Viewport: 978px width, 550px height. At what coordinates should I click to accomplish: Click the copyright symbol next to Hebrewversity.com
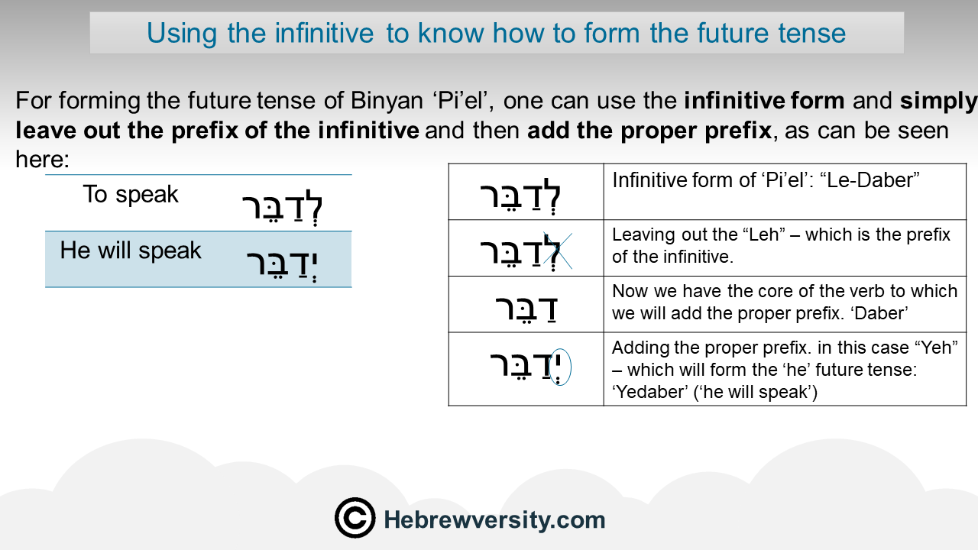pyautogui.click(x=355, y=518)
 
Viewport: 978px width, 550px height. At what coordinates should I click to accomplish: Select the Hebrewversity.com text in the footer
pyautogui.click(x=494, y=520)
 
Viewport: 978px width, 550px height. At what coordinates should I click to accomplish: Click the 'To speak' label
pyautogui.click(x=131, y=194)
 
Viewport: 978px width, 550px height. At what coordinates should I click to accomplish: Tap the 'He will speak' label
pyautogui.click(x=131, y=250)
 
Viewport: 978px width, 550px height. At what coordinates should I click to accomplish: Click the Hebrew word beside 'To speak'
pyautogui.click(x=282, y=207)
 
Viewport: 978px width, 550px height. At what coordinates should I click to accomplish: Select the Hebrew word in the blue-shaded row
pyautogui.click(x=282, y=264)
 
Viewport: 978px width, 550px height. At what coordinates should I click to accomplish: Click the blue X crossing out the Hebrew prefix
pyautogui.click(x=558, y=251)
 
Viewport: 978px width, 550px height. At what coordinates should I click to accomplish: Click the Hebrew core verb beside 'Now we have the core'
pyautogui.click(x=526, y=309)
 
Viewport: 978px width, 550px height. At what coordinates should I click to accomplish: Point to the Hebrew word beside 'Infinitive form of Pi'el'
pyautogui.click(x=520, y=196)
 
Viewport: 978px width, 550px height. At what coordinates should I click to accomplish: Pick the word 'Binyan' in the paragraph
pyautogui.click(x=387, y=101)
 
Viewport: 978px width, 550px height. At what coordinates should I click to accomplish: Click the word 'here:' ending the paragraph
pyautogui.click(x=42, y=160)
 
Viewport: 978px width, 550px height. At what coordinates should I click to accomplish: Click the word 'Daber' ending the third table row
pyautogui.click(x=879, y=313)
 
